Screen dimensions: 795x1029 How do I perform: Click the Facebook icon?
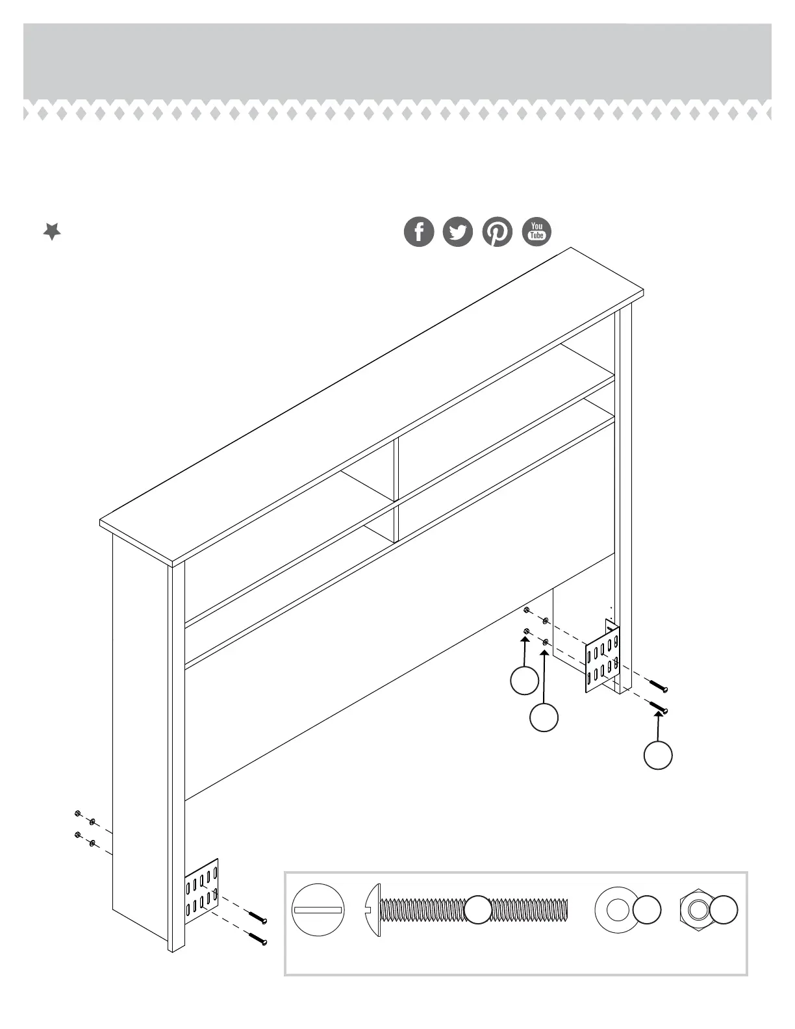[419, 232]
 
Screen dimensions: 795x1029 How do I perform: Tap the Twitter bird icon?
[458, 232]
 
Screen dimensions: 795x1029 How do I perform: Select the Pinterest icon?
[497, 232]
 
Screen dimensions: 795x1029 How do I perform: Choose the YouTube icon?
[536, 232]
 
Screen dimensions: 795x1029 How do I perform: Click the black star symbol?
[52, 231]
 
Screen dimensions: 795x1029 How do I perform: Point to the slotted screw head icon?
[318, 909]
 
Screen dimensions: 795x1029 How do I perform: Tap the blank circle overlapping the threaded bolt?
[479, 909]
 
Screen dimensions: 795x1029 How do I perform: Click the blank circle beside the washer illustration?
[646, 909]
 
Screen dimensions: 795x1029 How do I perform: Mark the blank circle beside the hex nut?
[724, 909]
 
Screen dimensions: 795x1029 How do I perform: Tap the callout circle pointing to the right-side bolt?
[658, 756]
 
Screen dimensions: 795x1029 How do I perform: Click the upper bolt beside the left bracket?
[258, 917]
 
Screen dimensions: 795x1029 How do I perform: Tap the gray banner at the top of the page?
[397, 62]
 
